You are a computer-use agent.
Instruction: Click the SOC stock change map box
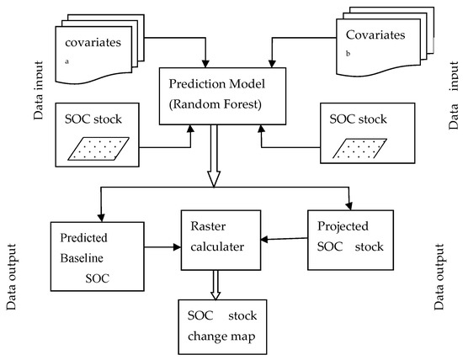click(x=221, y=323)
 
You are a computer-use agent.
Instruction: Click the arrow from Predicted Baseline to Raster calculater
click(x=159, y=247)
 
